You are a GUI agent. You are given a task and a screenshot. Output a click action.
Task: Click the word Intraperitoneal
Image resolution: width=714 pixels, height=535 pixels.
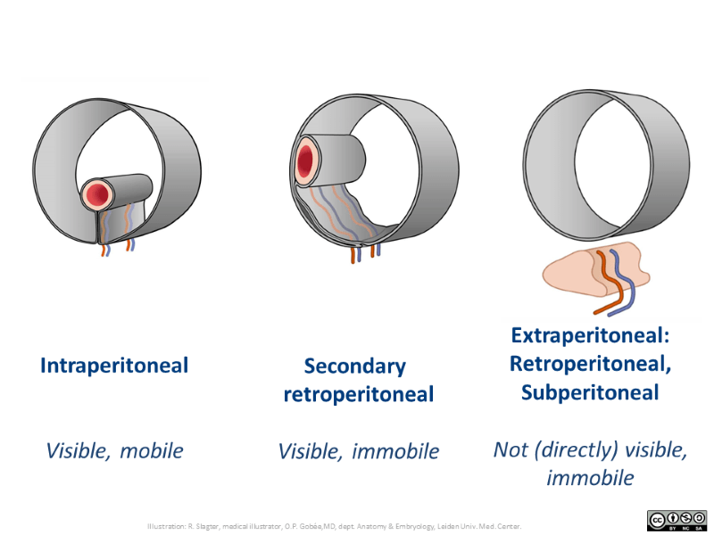pyautogui.click(x=114, y=366)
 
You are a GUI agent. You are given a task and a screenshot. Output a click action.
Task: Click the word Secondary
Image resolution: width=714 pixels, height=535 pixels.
pyautogui.click(x=354, y=366)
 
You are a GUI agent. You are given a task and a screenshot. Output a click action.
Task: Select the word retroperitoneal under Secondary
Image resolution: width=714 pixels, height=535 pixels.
pyautogui.click(x=358, y=394)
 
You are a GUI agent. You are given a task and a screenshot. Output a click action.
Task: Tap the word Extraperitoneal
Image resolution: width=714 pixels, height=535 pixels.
pyautogui.click(x=590, y=336)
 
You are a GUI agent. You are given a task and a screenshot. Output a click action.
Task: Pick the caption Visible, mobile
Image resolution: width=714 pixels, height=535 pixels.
pyautogui.click(x=114, y=450)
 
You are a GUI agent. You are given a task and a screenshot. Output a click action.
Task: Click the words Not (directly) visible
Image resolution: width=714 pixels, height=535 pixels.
pyautogui.click(x=590, y=449)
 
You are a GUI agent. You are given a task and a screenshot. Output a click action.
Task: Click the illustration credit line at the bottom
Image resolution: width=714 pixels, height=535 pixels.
pyautogui.click(x=335, y=526)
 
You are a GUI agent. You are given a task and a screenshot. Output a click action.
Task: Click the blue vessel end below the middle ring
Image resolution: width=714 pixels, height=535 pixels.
pyautogui.click(x=378, y=251)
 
